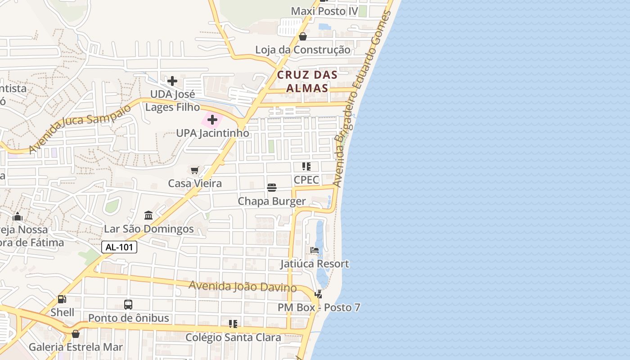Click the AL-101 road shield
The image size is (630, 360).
coord(119,247)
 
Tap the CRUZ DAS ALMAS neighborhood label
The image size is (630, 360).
coord(307,81)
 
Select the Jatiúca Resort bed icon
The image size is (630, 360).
coord(315,250)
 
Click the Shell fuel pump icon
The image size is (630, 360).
coord(62,299)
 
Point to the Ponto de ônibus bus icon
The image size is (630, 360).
coord(128,305)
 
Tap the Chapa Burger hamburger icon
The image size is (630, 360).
coord(272,188)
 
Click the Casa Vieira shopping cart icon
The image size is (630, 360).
coord(195,170)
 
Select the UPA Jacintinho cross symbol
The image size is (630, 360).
coord(212,120)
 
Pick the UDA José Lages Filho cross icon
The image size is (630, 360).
coord(172,81)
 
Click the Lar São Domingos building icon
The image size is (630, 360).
coord(148,215)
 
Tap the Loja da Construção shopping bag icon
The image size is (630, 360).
coord(303,36)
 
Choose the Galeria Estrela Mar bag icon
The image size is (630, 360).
coord(76,334)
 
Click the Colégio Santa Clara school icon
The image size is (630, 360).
coord(233,324)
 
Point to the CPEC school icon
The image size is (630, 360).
coord(306,166)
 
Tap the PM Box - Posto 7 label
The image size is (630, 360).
coord(319,308)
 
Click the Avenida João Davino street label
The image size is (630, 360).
coord(243,286)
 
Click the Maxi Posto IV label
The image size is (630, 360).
coord(324,11)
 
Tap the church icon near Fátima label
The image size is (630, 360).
coord(18,216)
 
